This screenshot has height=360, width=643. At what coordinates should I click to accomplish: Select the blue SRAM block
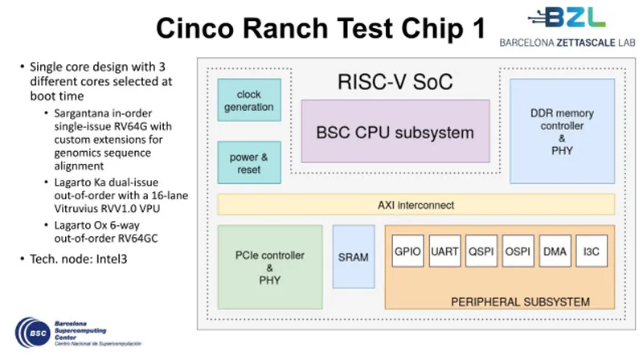point(354,257)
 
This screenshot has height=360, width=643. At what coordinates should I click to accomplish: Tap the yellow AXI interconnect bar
point(416,204)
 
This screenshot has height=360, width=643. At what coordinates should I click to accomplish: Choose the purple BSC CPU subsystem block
point(395,132)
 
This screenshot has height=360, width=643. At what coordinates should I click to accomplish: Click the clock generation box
point(249,100)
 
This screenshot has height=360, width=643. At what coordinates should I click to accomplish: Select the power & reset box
point(249,163)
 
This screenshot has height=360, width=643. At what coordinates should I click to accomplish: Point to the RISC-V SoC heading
point(395,81)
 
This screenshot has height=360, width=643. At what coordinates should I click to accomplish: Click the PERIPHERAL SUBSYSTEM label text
point(520,303)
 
